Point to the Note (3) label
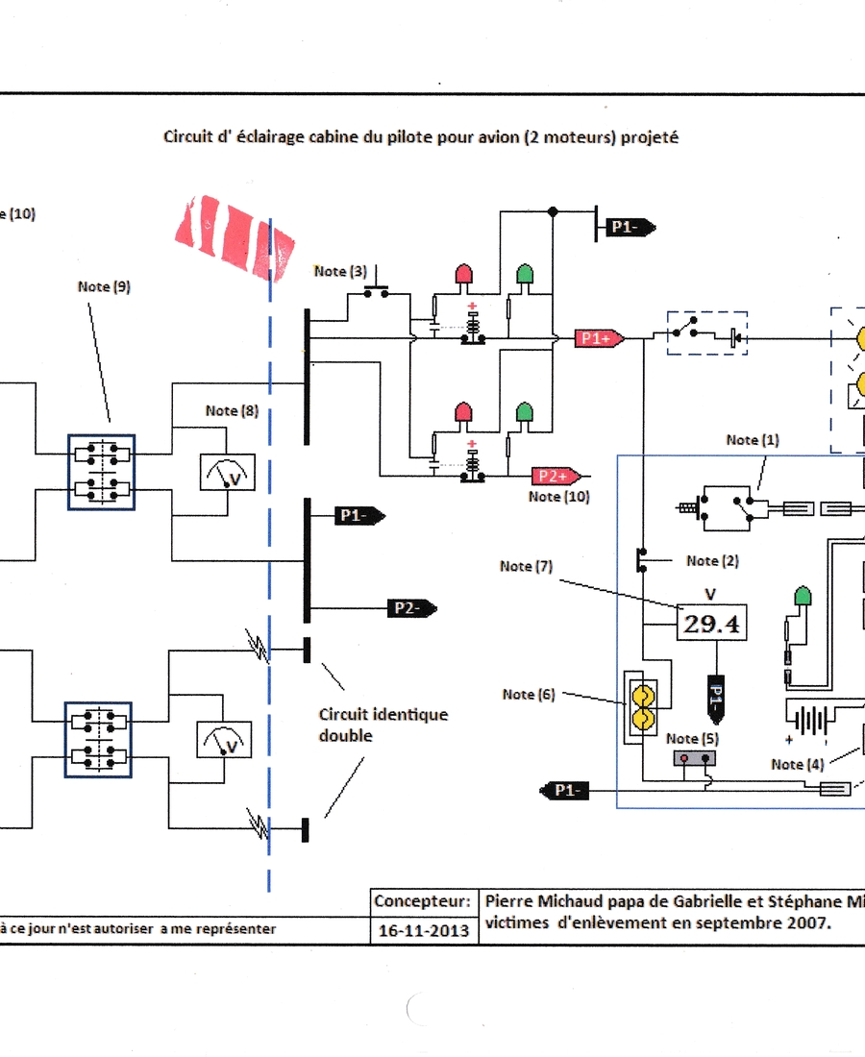pos(340,272)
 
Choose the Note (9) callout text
pos(105,286)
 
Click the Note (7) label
pos(526,567)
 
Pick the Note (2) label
pos(712,560)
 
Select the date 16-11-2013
pos(424,930)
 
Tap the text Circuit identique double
pos(383,725)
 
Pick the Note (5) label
pos(692,738)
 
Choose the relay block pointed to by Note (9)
pos(101,472)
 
